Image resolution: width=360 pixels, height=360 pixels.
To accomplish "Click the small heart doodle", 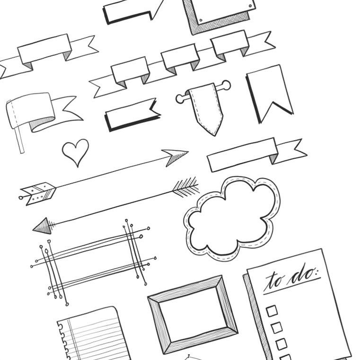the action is [75, 151].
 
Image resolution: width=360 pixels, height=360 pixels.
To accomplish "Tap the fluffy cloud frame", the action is [232, 218].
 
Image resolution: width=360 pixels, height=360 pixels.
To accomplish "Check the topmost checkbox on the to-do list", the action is [272, 311].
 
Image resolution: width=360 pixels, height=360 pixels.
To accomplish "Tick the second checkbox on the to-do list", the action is [276, 327].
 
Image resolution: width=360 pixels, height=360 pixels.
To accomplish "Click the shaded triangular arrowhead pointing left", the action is [43, 226].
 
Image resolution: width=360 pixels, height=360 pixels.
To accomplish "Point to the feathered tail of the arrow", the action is [186, 187].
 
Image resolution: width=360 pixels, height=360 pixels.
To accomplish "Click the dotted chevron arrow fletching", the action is [38, 193].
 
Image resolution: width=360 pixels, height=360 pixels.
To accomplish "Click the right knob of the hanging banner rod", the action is [226, 85].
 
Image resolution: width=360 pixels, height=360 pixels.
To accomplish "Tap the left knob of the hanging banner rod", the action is [180, 99].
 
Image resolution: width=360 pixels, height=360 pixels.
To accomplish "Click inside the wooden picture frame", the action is [193, 315].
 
